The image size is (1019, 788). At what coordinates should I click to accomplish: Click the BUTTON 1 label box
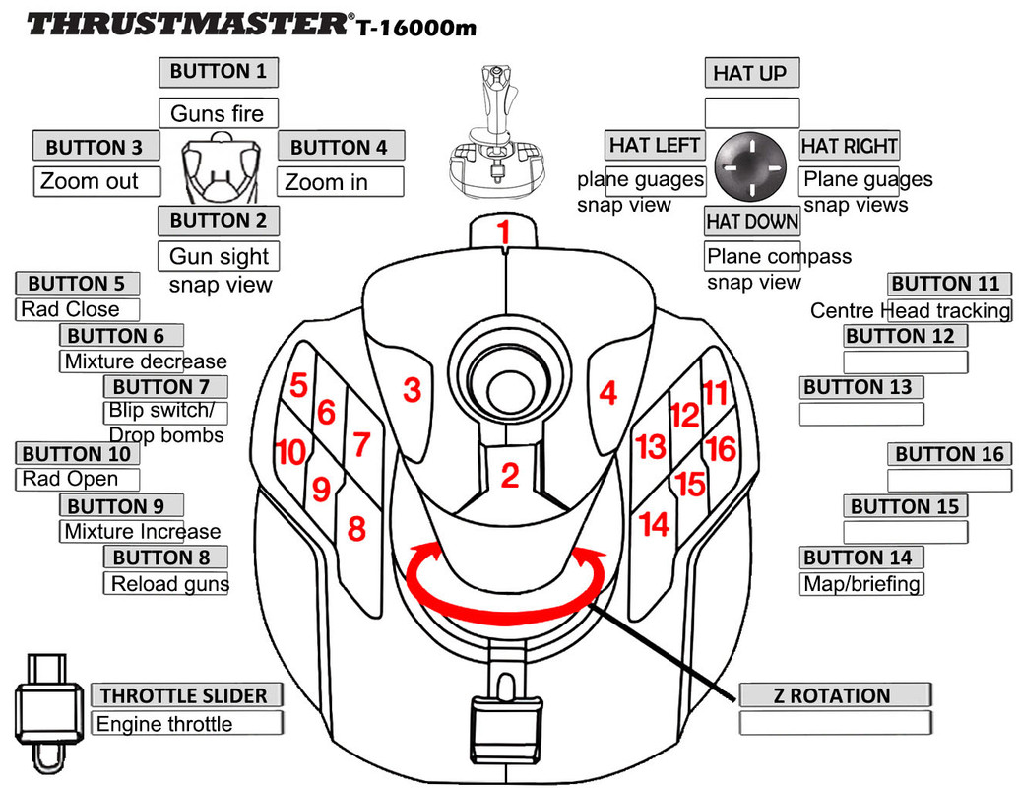[218, 72]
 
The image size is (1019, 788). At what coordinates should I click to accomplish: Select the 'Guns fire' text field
[218, 113]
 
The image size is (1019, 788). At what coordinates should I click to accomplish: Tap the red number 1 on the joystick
[504, 233]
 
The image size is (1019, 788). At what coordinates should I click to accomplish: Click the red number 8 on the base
[356, 530]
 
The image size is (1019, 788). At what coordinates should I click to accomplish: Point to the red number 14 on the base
[654, 523]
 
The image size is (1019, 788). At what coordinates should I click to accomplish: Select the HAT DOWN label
[752, 222]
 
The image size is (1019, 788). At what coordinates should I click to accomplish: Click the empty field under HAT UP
[752, 112]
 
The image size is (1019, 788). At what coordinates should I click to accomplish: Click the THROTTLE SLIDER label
[184, 695]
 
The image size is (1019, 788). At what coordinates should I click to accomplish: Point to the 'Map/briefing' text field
[860, 584]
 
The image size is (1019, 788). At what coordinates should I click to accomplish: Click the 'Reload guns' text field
[166, 584]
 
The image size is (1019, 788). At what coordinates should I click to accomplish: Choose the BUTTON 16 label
[949, 455]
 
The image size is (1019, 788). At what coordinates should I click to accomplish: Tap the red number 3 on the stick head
[413, 391]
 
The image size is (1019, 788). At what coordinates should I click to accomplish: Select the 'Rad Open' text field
[78, 480]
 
